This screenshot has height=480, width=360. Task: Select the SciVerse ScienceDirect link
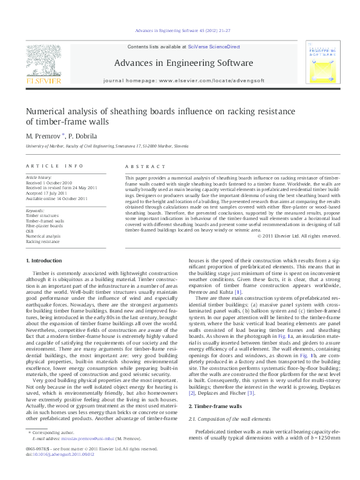[214, 47]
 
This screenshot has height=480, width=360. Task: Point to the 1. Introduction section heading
[46, 260]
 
